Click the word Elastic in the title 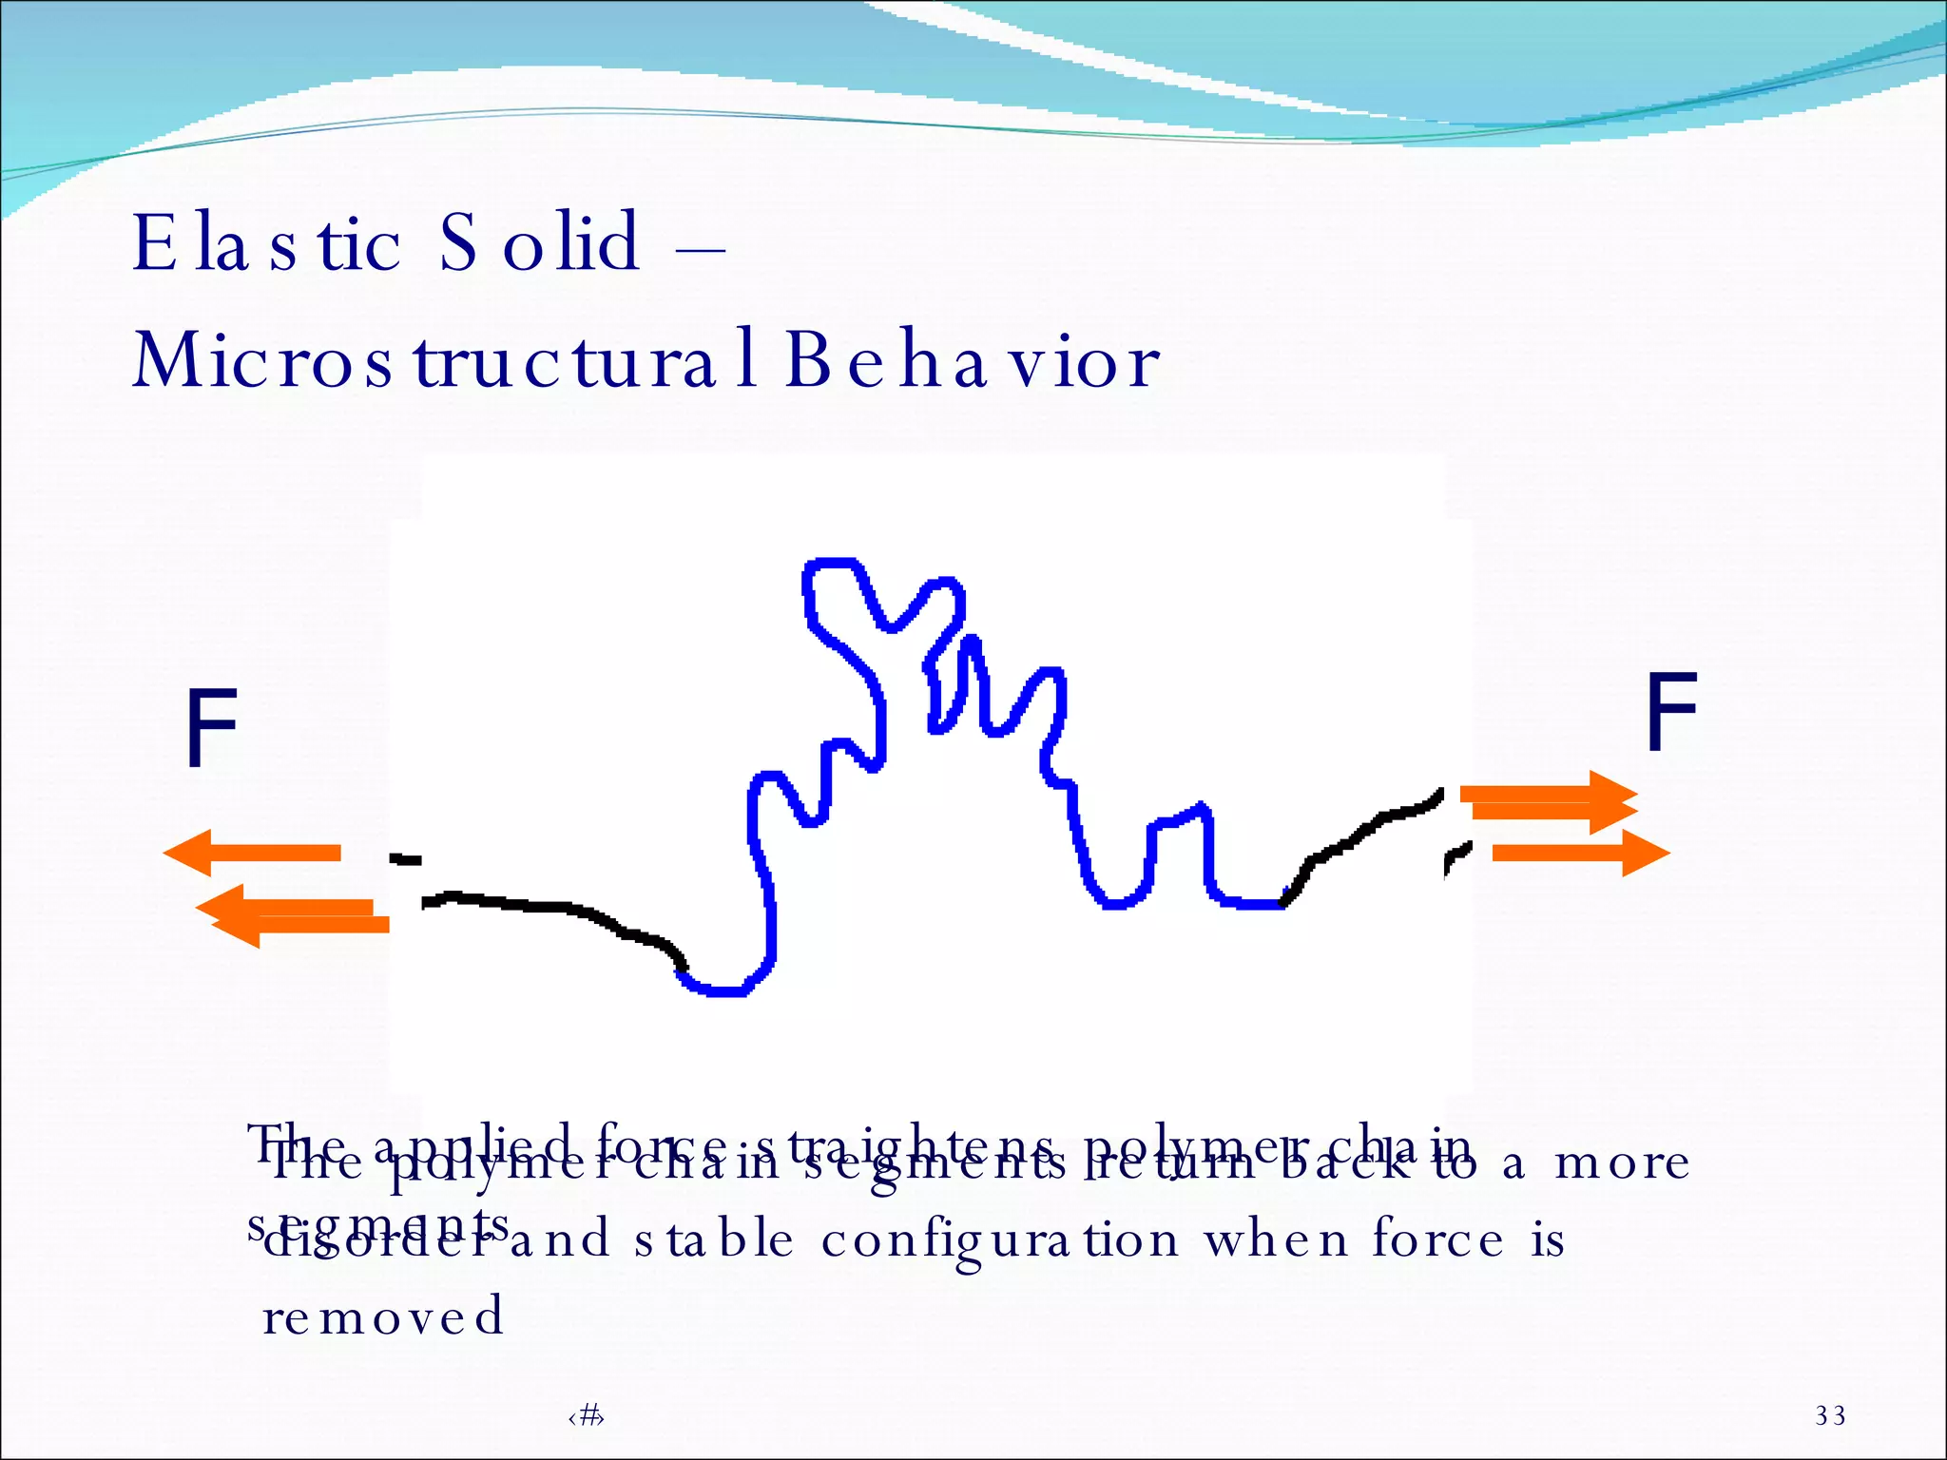pyautogui.click(x=266, y=242)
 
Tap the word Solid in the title pyautogui.click(x=539, y=242)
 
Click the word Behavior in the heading pyautogui.click(x=972, y=361)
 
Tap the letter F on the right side pyautogui.click(x=1670, y=710)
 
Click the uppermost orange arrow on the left pyautogui.click(x=253, y=853)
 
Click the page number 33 pyautogui.click(x=1830, y=1415)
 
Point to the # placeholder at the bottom pyautogui.click(x=587, y=1416)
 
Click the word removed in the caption pyautogui.click(x=382, y=1316)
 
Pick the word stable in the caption pyautogui.click(x=713, y=1240)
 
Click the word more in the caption pyautogui.click(x=1622, y=1162)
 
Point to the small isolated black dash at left pyautogui.click(x=406, y=860)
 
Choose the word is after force pyautogui.click(x=1547, y=1240)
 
